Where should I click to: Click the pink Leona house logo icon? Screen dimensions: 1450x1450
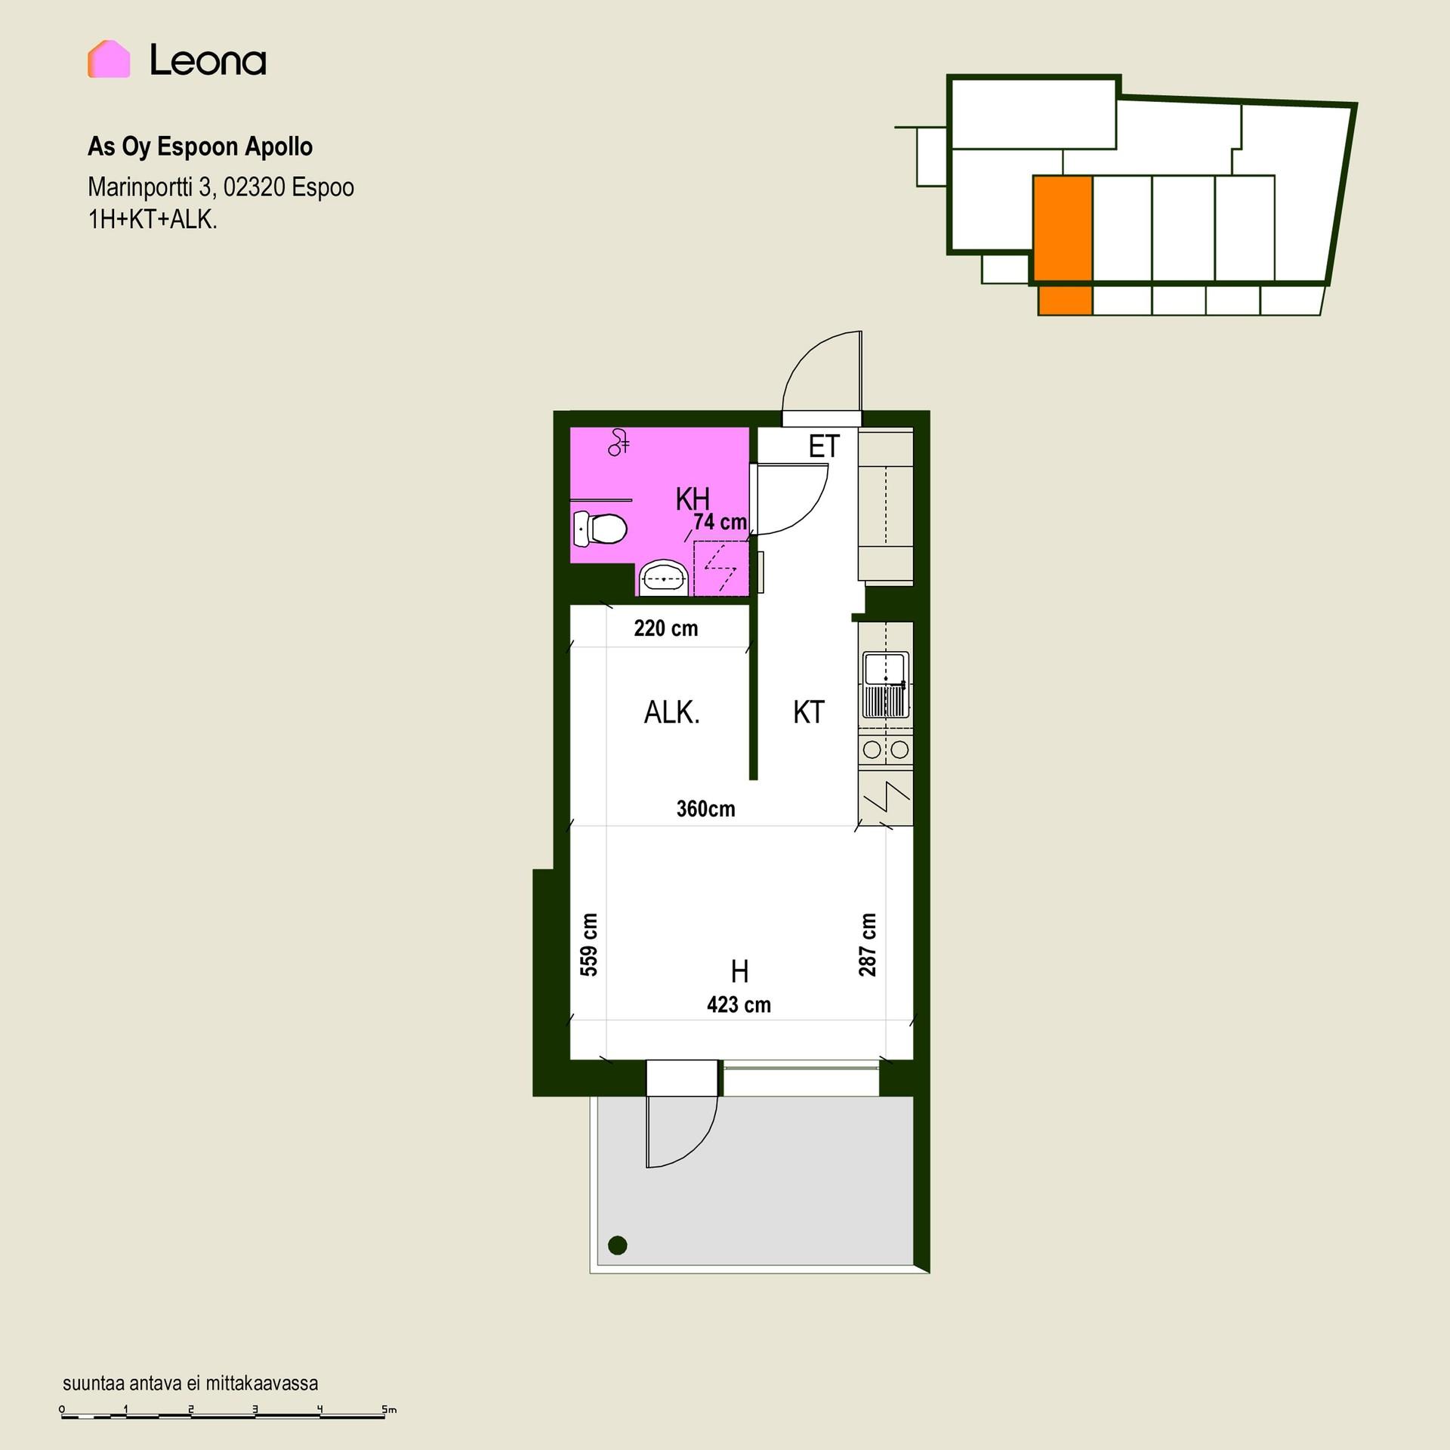(x=109, y=59)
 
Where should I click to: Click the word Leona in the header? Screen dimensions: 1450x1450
(x=208, y=60)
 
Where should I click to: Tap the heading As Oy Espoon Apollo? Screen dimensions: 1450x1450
(x=200, y=147)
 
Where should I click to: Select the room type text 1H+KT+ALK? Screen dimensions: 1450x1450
(x=153, y=220)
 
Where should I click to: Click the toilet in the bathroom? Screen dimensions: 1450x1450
(x=600, y=529)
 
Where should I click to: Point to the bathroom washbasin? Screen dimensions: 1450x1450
(x=664, y=578)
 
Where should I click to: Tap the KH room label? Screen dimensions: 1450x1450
(x=693, y=499)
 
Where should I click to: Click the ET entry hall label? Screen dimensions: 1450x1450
(x=824, y=447)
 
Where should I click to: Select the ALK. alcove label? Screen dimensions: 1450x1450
(x=672, y=712)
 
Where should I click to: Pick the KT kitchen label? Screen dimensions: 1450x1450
(x=809, y=712)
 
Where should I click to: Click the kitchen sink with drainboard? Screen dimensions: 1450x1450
(x=886, y=685)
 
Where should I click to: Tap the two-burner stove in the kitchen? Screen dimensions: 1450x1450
(x=886, y=750)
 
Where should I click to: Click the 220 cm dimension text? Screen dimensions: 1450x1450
(x=666, y=628)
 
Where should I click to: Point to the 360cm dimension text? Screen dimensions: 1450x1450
(x=706, y=809)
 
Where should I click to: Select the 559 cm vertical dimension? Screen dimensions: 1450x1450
(x=589, y=944)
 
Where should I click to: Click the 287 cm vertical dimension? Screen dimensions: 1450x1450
(x=868, y=944)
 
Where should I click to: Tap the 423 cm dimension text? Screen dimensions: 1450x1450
(x=739, y=1004)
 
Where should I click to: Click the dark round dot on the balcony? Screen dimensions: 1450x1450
(x=618, y=1245)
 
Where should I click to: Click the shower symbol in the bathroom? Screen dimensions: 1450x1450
(x=619, y=443)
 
